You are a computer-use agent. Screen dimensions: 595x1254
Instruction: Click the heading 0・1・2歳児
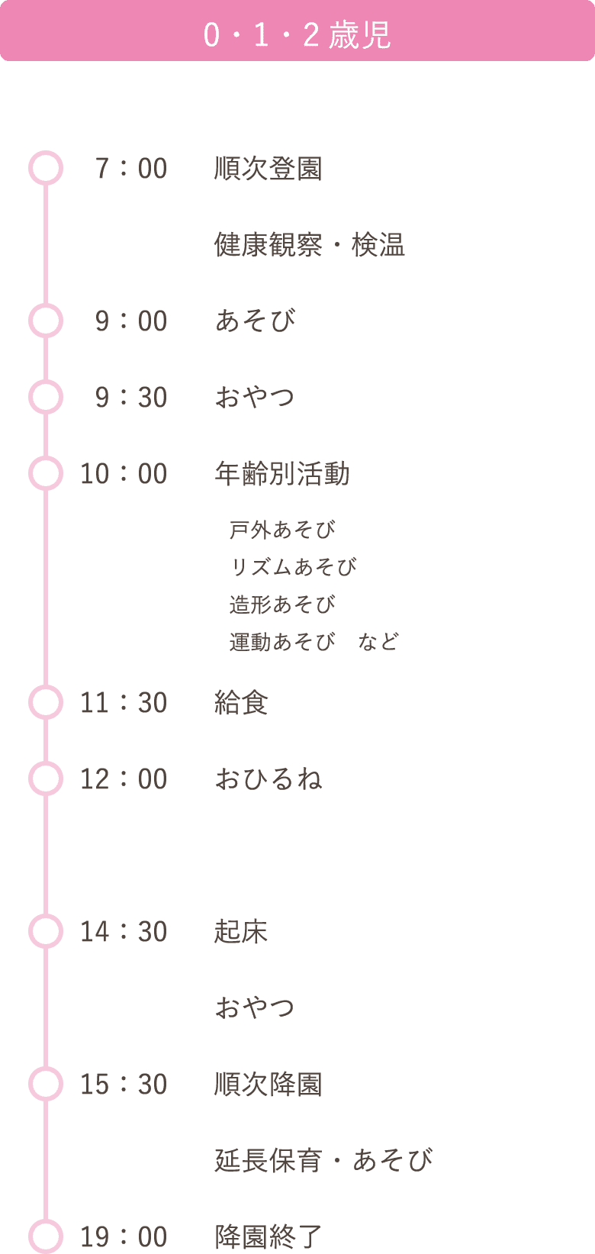[297, 34]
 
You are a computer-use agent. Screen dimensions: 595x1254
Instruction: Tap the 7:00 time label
[131, 169]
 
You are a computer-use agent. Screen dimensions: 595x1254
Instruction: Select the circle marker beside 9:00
[45, 321]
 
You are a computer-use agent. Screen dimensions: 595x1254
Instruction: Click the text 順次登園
[268, 169]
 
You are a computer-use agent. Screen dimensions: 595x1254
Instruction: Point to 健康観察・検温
[310, 245]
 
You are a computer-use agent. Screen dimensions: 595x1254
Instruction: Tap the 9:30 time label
[131, 398]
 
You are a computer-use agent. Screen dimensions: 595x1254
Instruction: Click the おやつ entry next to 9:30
[255, 398]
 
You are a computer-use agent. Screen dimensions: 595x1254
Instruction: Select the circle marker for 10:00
[45, 474]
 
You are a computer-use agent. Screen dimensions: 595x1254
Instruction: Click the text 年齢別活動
[282, 474]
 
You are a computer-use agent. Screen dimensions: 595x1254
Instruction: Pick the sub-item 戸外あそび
[282, 530]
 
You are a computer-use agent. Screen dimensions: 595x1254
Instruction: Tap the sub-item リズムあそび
[293, 567]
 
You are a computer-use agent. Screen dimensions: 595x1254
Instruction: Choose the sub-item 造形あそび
[282, 604]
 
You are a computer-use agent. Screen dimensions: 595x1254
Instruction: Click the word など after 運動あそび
[378, 642]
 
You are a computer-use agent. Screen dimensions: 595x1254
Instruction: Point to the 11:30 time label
[124, 703]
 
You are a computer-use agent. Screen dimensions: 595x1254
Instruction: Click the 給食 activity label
[241, 703]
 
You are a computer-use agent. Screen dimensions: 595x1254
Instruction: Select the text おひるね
[269, 779]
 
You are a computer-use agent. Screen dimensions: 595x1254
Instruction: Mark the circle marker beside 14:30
[45, 932]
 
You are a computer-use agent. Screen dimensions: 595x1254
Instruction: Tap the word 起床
[241, 932]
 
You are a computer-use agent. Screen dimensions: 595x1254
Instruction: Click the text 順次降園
[268, 1085]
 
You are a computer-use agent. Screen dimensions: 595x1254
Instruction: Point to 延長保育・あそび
[323, 1161]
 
